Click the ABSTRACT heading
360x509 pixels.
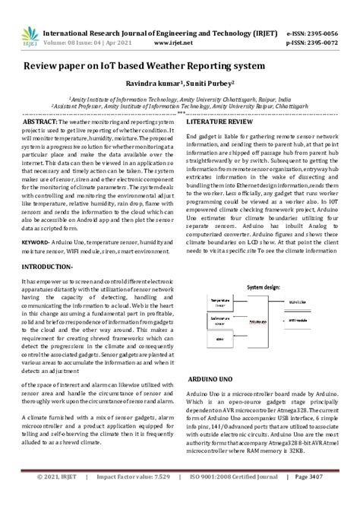(x=40, y=122)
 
